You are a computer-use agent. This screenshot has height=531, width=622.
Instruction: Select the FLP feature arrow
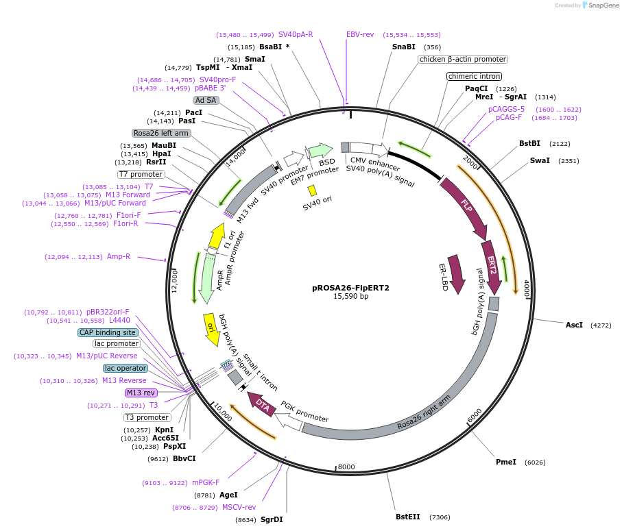(467, 205)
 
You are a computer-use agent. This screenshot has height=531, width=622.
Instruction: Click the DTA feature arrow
(262, 404)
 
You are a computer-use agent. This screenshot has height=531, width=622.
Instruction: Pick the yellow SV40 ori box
(312, 190)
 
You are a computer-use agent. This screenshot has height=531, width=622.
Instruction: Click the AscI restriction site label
(573, 325)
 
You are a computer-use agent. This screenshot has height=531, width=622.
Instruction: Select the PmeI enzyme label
(506, 462)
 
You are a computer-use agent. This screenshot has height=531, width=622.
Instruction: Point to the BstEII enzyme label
(408, 517)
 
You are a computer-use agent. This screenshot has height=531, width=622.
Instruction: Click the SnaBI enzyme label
(403, 47)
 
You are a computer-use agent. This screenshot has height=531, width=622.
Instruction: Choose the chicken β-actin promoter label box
(462, 60)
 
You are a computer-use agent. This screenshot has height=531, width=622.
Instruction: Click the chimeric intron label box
(474, 76)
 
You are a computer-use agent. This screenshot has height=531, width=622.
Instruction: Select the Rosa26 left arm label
(161, 133)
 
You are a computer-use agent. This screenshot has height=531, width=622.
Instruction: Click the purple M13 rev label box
(141, 393)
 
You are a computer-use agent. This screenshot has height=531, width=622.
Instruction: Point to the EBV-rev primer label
(360, 34)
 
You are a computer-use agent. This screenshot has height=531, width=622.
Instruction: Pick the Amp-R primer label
(119, 256)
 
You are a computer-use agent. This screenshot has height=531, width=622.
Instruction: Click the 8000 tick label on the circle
(346, 467)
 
